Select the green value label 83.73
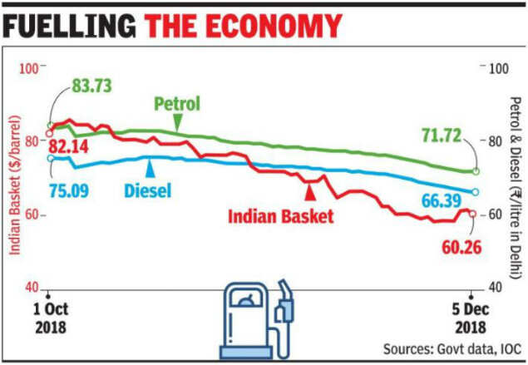(x=84, y=86)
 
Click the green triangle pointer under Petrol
(x=176, y=123)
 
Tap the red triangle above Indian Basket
(x=309, y=193)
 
